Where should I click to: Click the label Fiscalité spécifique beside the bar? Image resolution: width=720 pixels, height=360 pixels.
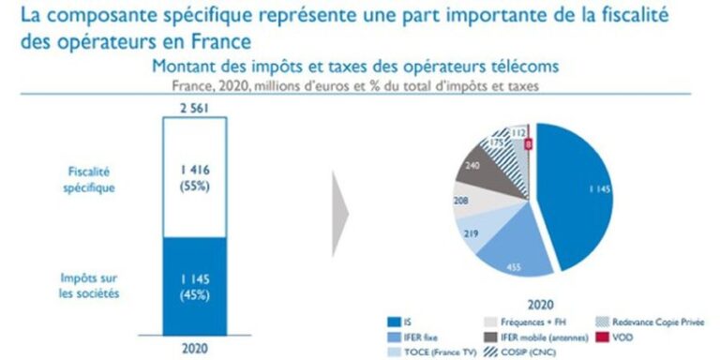(x=90, y=177)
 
